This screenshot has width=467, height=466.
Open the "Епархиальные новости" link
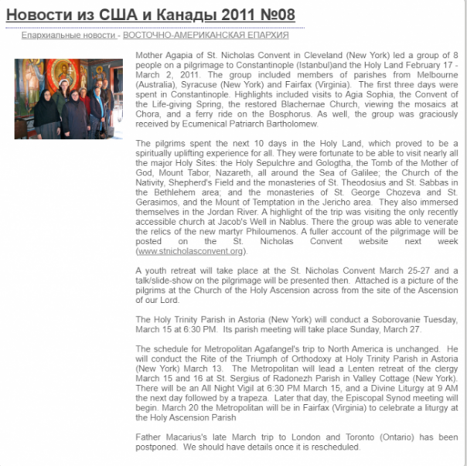coord(69,36)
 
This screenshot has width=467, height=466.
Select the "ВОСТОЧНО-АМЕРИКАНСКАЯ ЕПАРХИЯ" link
coord(206,36)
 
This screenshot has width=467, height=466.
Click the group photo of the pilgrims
coord(68,98)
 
